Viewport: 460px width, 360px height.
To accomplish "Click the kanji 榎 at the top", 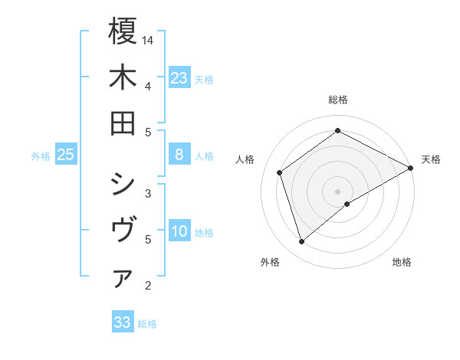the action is pyautogui.click(x=123, y=32).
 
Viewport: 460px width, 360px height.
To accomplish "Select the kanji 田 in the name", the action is pyautogui.click(x=123, y=123).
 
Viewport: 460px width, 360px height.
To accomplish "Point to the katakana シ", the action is pyautogui.click(x=123, y=185).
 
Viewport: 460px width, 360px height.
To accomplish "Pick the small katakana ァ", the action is pyautogui.click(x=123, y=280).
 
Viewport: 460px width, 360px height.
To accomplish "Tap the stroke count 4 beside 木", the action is pyautogui.click(x=147, y=86).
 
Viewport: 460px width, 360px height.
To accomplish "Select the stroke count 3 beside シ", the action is pyautogui.click(x=147, y=193).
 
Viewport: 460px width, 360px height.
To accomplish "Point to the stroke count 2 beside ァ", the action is pyautogui.click(x=147, y=286).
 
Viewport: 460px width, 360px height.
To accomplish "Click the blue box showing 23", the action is pyautogui.click(x=179, y=77).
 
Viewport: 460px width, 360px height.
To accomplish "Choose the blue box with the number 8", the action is pyautogui.click(x=179, y=155).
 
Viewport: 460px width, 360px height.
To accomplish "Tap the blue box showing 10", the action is pyautogui.click(x=179, y=232).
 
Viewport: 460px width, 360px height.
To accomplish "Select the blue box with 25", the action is pyautogui.click(x=66, y=155).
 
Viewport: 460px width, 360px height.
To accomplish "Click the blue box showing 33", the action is pyautogui.click(x=123, y=322).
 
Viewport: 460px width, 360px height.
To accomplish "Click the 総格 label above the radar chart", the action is pyautogui.click(x=338, y=100).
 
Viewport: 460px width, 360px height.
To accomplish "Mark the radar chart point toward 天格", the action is pyautogui.click(x=411, y=169).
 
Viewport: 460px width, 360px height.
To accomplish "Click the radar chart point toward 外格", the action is pyautogui.click(x=301, y=242).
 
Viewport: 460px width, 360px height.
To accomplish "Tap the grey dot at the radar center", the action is pyautogui.click(x=338, y=191).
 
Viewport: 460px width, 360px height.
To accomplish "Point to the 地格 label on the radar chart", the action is pyautogui.click(x=402, y=262).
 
